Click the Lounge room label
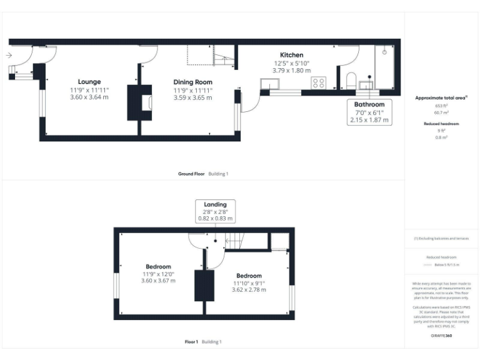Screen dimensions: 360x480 tap(89, 82)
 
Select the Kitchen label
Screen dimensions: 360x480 tap(291, 55)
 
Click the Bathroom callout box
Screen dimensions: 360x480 tap(369, 112)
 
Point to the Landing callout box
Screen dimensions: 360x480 tap(215, 211)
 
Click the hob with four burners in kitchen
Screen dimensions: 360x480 tap(318, 82)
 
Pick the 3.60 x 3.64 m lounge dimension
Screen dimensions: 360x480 tap(89, 97)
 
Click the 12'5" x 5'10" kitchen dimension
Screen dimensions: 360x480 tap(291, 63)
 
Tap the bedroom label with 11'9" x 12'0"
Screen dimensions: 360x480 tap(158, 267)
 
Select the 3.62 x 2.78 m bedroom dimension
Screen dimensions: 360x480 tap(249, 290)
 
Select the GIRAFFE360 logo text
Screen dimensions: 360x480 tap(442, 336)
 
